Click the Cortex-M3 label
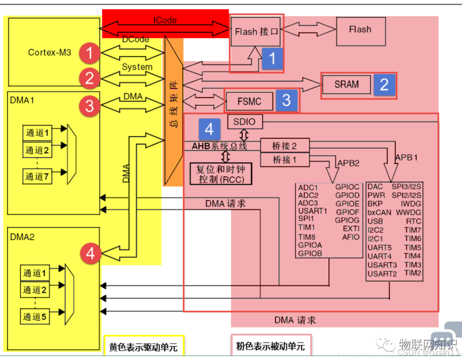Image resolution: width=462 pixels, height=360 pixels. [50, 52]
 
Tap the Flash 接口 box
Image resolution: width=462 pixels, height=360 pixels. [256, 32]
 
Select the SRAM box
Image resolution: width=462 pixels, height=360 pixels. [346, 84]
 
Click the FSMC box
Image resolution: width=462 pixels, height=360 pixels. [249, 102]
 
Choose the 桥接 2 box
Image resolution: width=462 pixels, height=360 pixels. [285, 146]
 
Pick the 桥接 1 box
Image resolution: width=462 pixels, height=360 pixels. [285, 160]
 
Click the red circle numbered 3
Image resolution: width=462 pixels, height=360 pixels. [89, 106]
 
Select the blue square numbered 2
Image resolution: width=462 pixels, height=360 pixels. [384, 84]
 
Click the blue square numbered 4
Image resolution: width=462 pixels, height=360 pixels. [209, 129]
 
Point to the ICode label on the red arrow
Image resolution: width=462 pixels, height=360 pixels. [165, 21]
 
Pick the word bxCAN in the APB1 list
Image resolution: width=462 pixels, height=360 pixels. [380, 212]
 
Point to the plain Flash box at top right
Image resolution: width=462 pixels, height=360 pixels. [360, 30]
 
